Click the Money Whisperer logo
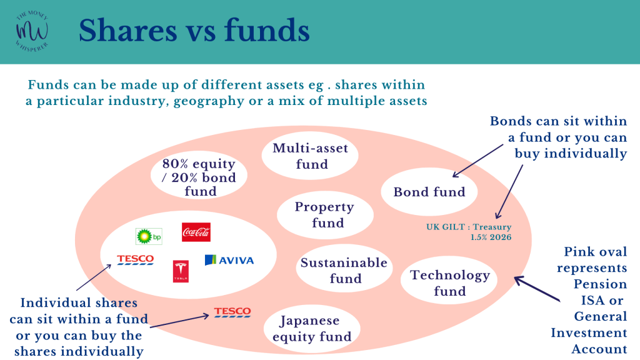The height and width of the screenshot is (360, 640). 32,31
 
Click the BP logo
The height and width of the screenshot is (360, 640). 149,236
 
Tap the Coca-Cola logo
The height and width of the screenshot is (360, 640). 196,232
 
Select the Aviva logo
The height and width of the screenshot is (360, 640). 229,260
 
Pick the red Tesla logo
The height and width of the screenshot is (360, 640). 181,271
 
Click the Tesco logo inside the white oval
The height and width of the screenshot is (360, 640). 136,259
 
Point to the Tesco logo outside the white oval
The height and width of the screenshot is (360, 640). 232,312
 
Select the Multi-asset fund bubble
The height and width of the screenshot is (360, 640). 310,156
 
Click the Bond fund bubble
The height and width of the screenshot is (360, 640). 429,192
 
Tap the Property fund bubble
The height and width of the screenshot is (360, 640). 325,215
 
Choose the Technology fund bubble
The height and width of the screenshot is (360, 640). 449,281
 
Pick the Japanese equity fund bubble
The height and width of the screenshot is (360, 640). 312,329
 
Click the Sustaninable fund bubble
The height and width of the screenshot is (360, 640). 344,269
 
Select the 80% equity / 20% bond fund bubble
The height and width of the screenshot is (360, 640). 199,176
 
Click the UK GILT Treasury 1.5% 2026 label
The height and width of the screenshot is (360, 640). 469,232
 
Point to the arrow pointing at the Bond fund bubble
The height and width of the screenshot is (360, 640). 478,161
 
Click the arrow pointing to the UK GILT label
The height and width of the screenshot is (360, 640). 509,192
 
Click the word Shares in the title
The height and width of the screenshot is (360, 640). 127,31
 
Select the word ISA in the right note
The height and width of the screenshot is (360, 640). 592,301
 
